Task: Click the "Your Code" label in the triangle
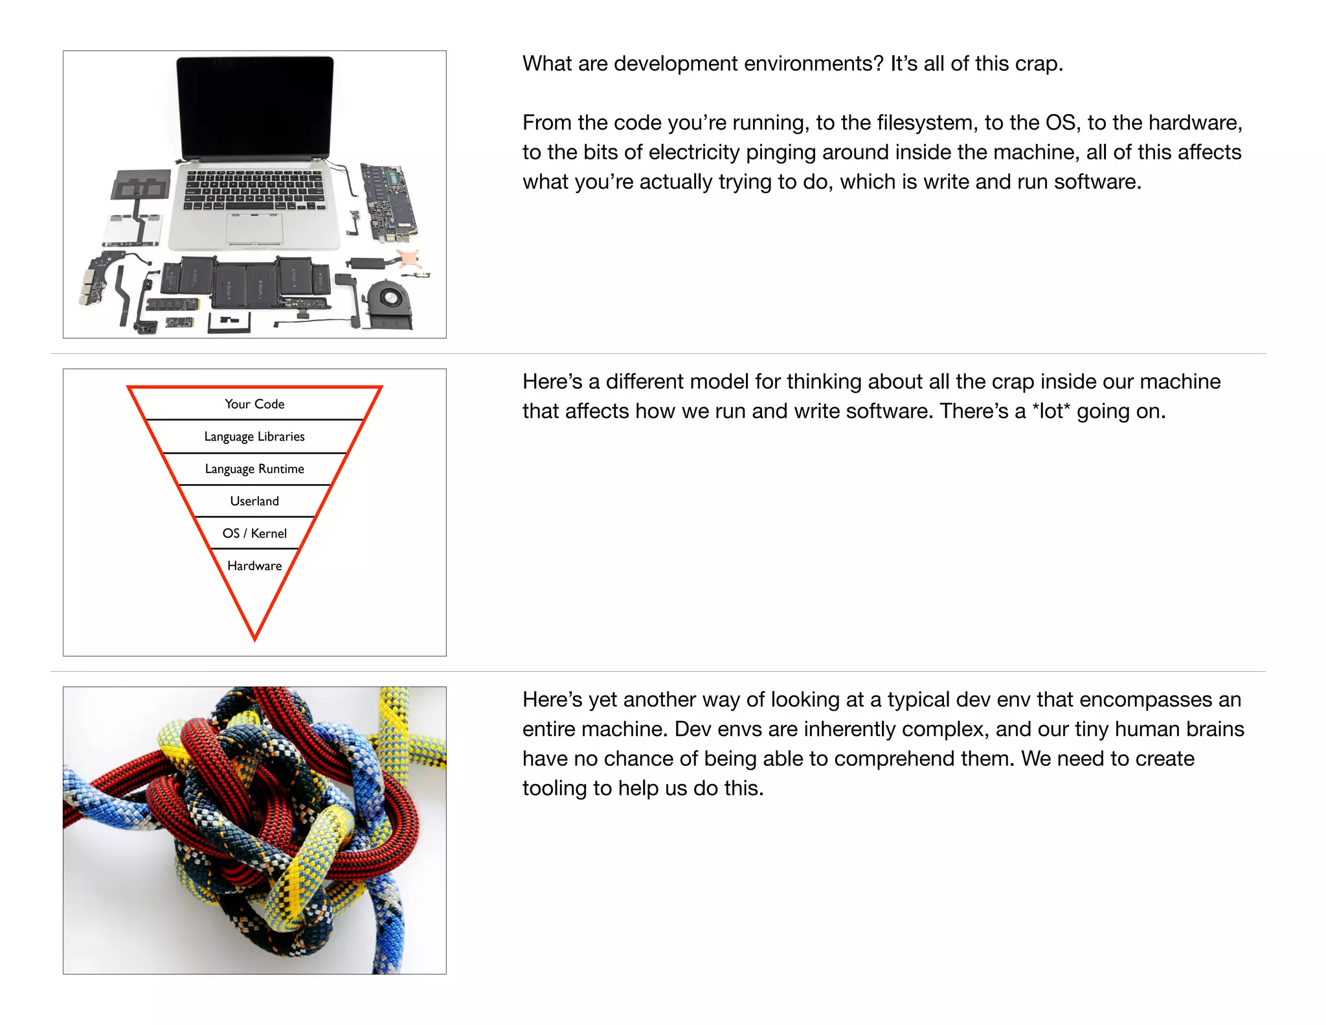pyautogui.click(x=254, y=404)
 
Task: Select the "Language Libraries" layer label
pyautogui.click(x=254, y=437)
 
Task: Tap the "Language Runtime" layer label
pyautogui.click(x=254, y=469)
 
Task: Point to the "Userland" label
pyautogui.click(x=254, y=501)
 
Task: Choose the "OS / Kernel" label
pyautogui.click(x=254, y=534)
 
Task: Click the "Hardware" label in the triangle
pyautogui.click(x=254, y=566)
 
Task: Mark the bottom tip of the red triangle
pyautogui.click(x=255, y=638)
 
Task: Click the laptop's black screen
pyautogui.click(x=255, y=107)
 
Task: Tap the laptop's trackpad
pyautogui.click(x=255, y=228)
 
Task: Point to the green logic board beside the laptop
pyautogui.click(x=388, y=201)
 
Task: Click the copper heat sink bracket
pyautogui.click(x=409, y=258)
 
